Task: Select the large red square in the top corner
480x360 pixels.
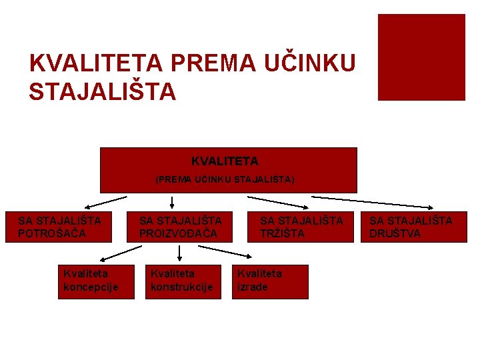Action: coord(421,57)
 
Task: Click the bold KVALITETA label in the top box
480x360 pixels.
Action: coord(225,161)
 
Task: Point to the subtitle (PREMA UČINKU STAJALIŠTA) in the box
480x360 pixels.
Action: coord(225,179)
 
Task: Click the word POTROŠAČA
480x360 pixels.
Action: coord(52,233)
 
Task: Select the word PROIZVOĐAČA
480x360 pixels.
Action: coord(178,233)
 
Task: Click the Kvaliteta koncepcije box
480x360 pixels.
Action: coord(90,281)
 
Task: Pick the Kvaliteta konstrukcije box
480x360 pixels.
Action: coord(183,281)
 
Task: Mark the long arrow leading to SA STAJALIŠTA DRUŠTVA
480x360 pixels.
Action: coord(373,202)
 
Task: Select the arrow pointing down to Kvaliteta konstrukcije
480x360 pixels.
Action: coord(180,252)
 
